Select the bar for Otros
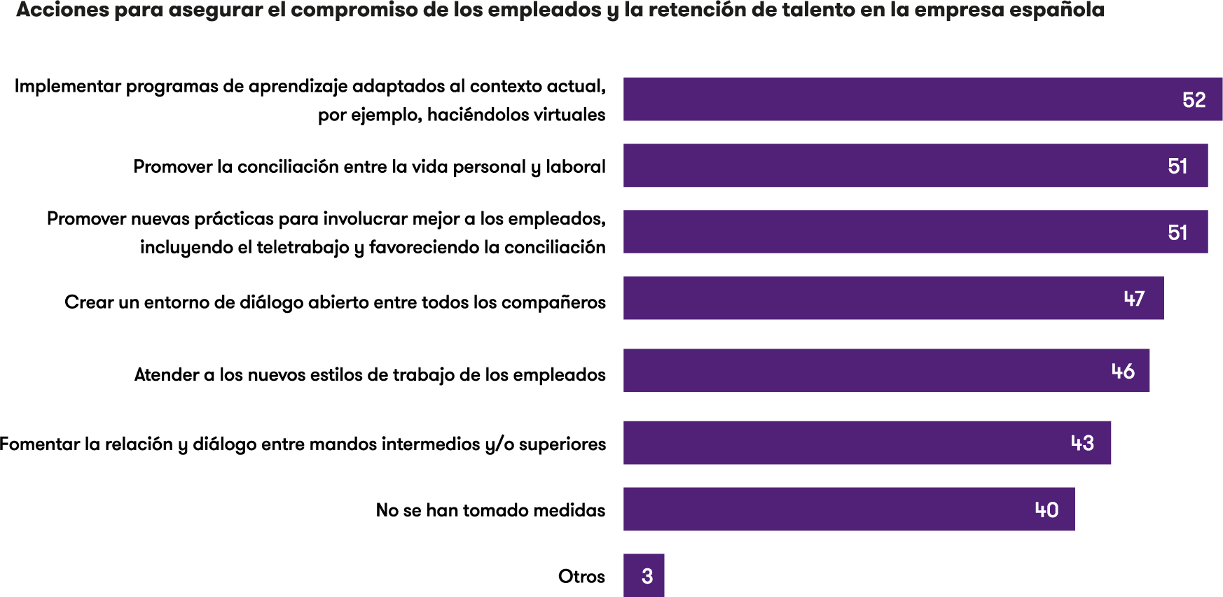coord(644,575)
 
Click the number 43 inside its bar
coord(1082,443)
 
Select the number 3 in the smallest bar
coord(647,576)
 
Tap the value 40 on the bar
coord(1046,510)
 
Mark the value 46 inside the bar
coord(1123,371)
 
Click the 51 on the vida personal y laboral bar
coord(1177,166)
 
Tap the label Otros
coord(581,576)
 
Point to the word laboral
coord(576,167)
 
